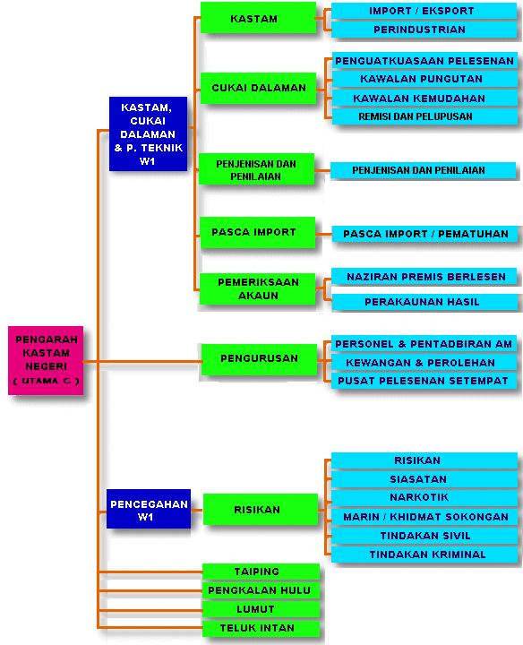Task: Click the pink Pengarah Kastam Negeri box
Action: coord(46,360)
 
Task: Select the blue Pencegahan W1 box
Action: coord(149,509)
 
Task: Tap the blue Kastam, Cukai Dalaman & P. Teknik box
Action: coord(148,133)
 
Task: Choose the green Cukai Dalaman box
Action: coord(258,88)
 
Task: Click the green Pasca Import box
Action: coord(257,232)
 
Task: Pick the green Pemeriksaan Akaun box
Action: coord(257,288)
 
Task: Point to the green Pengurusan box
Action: coord(259,359)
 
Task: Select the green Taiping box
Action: coord(261,572)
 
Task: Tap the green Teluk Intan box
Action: coord(261,628)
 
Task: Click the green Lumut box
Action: coord(261,609)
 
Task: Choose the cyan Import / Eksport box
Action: coord(424,11)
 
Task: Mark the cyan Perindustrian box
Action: coord(424,30)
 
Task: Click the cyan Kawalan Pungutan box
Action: coord(424,79)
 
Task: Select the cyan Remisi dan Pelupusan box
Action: coord(424,116)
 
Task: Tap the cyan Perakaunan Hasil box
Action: coord(424,302)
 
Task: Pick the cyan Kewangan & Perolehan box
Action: coord(424,363)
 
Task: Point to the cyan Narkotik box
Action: coord(424,497)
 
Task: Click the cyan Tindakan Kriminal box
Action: coord(424,555)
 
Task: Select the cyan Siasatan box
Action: coord(424,479)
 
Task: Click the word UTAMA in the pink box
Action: coord(40,381)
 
